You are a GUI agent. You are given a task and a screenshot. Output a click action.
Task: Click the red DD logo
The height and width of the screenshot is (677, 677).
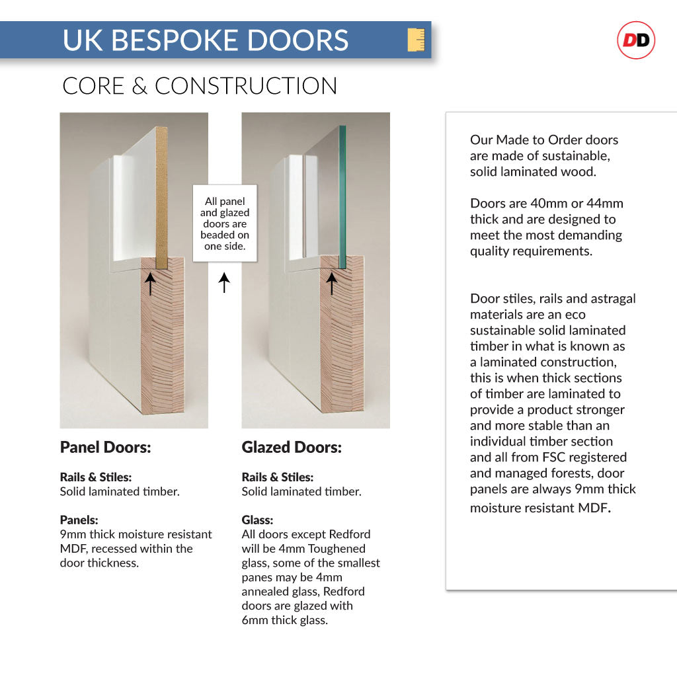[x=635, y=41]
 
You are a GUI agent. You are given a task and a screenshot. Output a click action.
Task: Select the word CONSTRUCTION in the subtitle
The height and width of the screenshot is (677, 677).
[x=246, y=86]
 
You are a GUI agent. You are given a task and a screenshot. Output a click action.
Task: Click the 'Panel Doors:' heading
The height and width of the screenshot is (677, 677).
[x=105, y=448]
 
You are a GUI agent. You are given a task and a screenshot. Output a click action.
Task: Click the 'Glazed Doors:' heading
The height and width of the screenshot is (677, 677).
[x=292, y=448]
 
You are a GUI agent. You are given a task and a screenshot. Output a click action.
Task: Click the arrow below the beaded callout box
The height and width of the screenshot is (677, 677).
[x=224, y=282]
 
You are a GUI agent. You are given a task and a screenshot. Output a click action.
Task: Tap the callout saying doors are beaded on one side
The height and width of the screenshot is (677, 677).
[x=224, y=223]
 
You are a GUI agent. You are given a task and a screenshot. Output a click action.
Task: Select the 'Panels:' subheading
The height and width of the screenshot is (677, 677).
[x=79, y=520]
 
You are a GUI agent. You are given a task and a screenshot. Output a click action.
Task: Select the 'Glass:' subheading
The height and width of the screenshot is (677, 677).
[x=257, y=520]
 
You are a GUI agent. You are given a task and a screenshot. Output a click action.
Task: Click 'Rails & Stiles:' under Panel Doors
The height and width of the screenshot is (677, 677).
[x=95, y=477]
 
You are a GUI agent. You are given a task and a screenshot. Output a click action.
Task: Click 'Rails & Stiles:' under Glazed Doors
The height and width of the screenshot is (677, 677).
[x=277, y=477]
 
